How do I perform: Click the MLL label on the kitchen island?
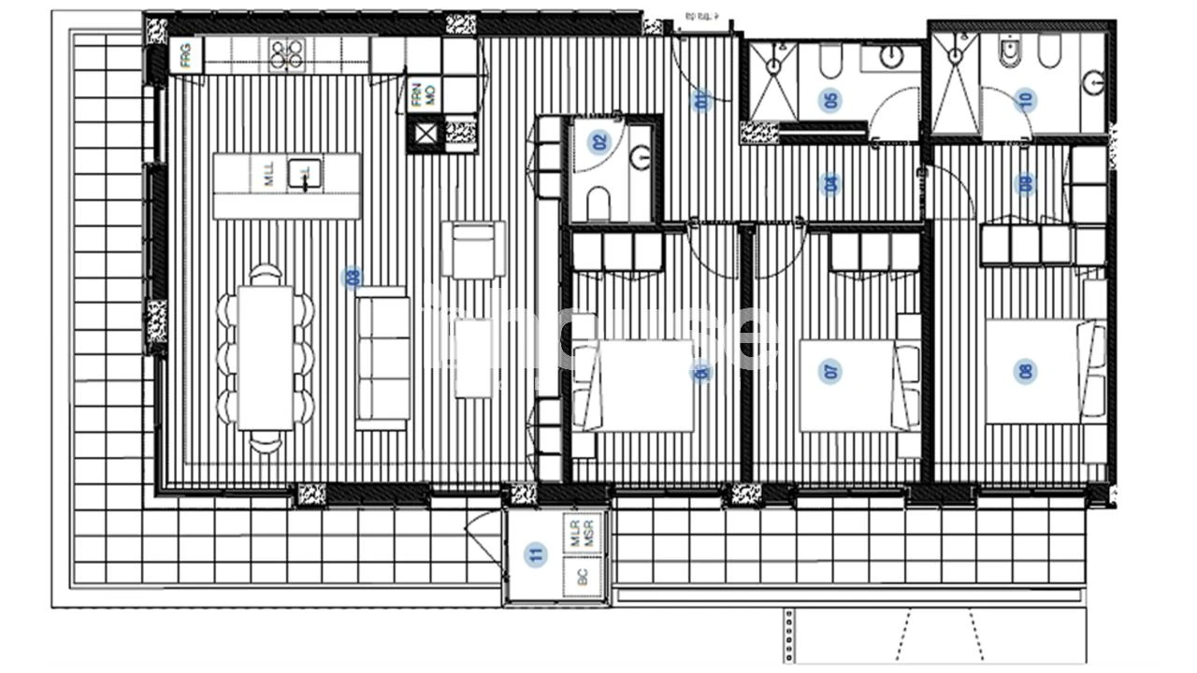point(270,175)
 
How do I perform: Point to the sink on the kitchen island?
point(304,175)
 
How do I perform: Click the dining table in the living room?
point(267,356)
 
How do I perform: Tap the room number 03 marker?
point(353,277)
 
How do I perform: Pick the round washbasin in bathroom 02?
point(641,159)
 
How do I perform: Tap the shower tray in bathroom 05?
point(772,80)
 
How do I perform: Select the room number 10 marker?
point(1026,101)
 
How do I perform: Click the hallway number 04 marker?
point(831,184)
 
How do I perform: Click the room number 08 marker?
point(1027,371)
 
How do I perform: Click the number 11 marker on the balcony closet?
point(535,554)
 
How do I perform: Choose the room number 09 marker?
point(1026,184)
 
